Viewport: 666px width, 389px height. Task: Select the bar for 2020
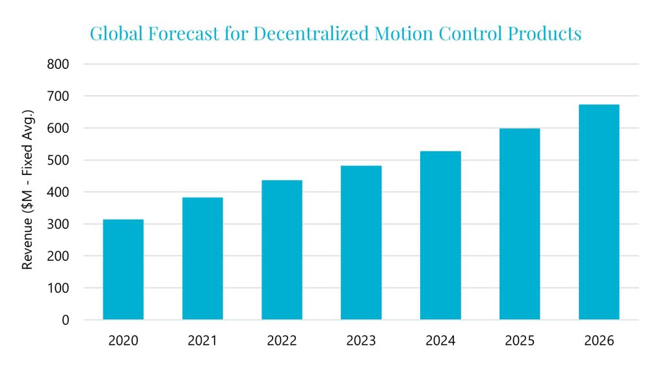[123, 269]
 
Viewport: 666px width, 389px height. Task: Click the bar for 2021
[202, 258]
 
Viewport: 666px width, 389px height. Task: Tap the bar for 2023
[361, 242]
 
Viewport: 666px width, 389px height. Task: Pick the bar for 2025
[520, 224]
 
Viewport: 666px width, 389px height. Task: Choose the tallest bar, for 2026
[599, 212]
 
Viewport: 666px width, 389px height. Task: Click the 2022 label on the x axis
[282, 341]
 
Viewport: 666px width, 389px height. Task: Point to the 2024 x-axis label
[440, 341]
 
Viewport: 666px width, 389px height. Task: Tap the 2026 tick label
[599, 341]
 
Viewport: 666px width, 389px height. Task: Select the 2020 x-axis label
[123, 341]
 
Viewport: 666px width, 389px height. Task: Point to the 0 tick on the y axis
[64, 320]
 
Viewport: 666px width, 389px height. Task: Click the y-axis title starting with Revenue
[28, 192]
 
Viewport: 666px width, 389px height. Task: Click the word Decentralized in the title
[312, 34]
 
